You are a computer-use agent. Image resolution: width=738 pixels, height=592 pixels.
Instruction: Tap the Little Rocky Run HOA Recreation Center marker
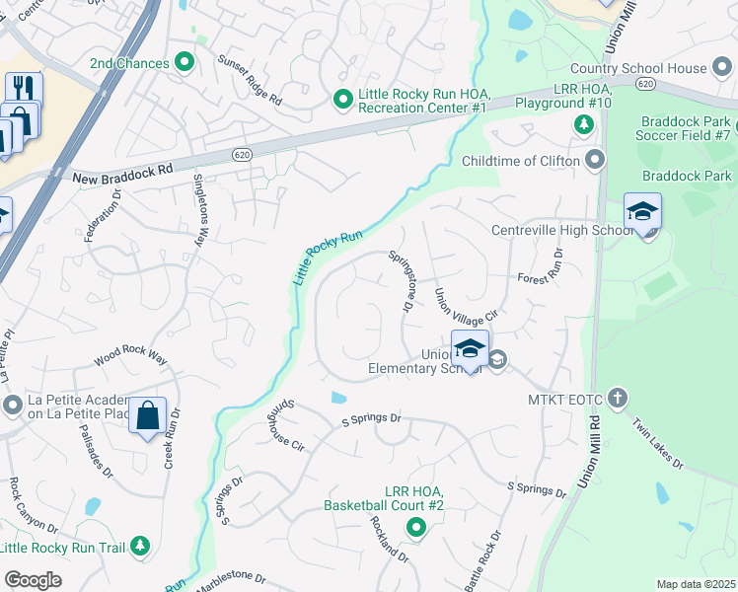pos(342,99)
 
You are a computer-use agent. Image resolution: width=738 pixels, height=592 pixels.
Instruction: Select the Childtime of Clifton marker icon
pos(595,160)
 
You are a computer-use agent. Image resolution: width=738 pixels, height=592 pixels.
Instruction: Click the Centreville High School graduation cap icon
pos(642,211)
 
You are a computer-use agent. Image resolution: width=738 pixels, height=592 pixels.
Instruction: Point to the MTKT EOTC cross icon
pos(618,398)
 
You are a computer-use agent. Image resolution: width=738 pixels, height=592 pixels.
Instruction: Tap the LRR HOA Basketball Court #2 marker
pos(415,529)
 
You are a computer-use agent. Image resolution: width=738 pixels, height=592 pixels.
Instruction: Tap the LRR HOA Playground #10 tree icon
pos(583,124)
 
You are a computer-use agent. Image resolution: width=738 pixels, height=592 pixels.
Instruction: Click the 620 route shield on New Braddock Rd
pos(242,155)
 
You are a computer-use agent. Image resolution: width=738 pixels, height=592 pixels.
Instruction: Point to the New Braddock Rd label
pos(123,174)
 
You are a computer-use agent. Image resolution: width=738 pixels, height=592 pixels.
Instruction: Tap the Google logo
pos(33,580)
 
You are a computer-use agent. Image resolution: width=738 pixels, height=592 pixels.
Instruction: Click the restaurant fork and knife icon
pos(25,89)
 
